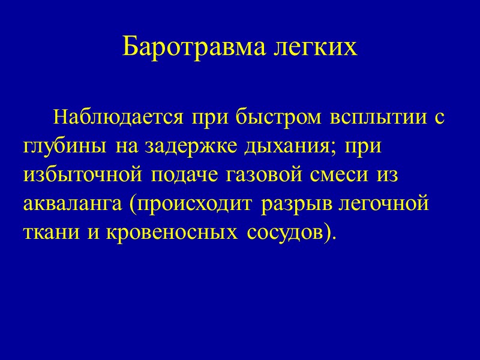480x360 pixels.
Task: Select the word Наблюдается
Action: pos(119,117)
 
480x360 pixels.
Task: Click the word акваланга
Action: pos(72,203)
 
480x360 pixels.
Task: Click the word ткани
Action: pos(47,232)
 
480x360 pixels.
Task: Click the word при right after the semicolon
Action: pos(365,146)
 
